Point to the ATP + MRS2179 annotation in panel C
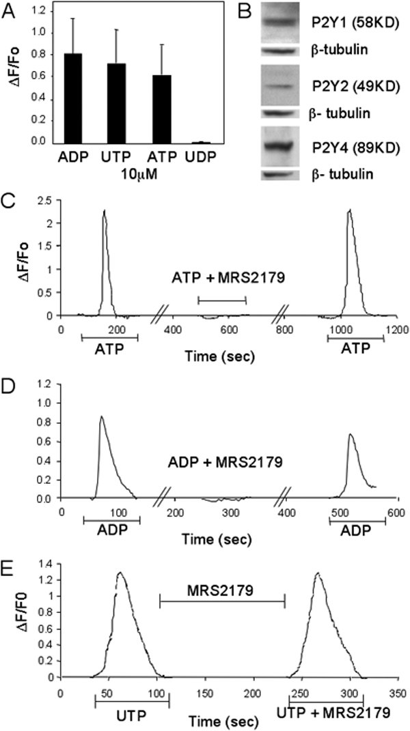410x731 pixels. pyautogui.click(x=221, y=279)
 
